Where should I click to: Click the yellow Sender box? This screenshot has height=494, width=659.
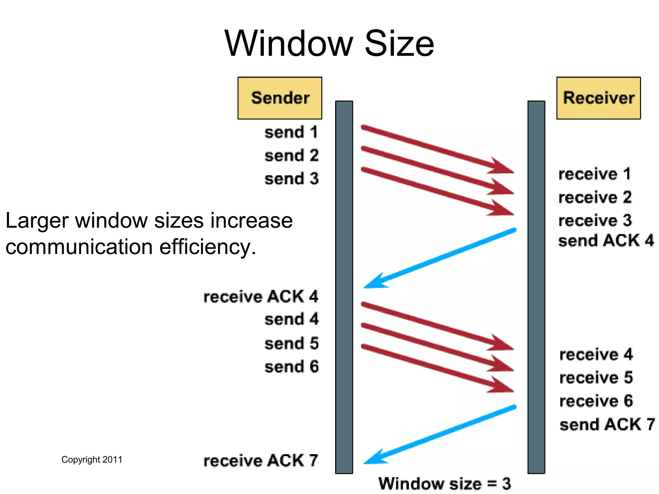point(280,98)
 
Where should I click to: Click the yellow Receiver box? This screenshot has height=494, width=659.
point(599,98)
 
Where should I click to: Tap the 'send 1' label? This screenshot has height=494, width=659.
point(291,132)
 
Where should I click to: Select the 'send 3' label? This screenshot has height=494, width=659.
point(291,179)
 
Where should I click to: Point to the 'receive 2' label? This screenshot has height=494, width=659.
point(595,197)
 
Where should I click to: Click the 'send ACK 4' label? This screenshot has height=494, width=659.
point(606,241)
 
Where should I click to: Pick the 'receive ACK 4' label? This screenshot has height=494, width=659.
point(261,297)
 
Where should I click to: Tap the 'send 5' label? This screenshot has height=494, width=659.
point(291,343)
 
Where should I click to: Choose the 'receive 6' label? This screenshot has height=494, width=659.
point(596,401)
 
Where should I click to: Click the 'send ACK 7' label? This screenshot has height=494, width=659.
point(607,425)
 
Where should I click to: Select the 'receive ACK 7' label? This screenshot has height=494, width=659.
point(261,461)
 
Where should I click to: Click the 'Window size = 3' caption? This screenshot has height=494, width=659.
point(444,484)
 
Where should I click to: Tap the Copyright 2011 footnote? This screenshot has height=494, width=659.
point(92,460)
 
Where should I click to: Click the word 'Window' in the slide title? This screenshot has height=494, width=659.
point(289,43)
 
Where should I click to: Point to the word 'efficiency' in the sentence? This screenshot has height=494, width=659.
point(207,247)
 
